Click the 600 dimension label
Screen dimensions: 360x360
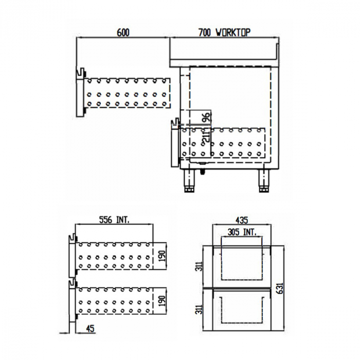pyautogui.click(x=123, y=32)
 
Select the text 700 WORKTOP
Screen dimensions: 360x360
pyautogui.click(x=224, y=32)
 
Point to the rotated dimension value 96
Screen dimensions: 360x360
pyautogui.click(x=205, y=118)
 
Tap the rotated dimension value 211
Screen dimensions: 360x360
pyautogui.click(x=206, y=136)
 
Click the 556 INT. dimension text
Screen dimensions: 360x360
pyautogui.click(x=114, y=220)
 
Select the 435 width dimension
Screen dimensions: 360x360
pyautogui.click(x=243, y=220)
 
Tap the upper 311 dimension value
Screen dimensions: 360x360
pyautogui.click(x=197, y=265)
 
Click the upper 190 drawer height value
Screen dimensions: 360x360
pyautogui.click(x=161, y=256)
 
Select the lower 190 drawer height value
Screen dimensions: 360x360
pyautogui.click(x=161, y=300)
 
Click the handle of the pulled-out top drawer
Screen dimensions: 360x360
pyautogui.click(x=80, y=75)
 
